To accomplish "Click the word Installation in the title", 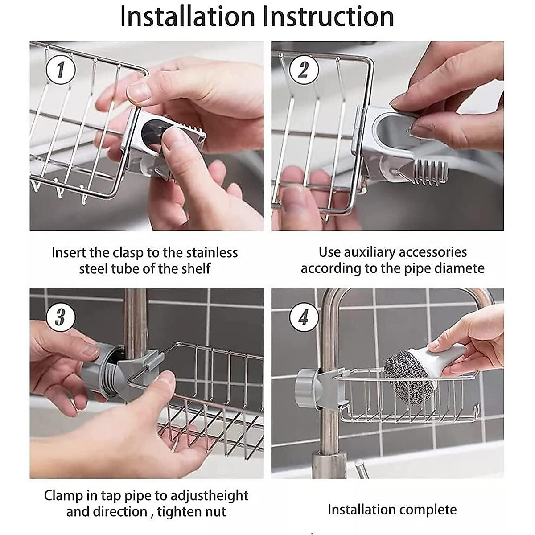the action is [x=187, y=17].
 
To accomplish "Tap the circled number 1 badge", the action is [x=61, y=70].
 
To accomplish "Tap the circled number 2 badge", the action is [x=304, y=70].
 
